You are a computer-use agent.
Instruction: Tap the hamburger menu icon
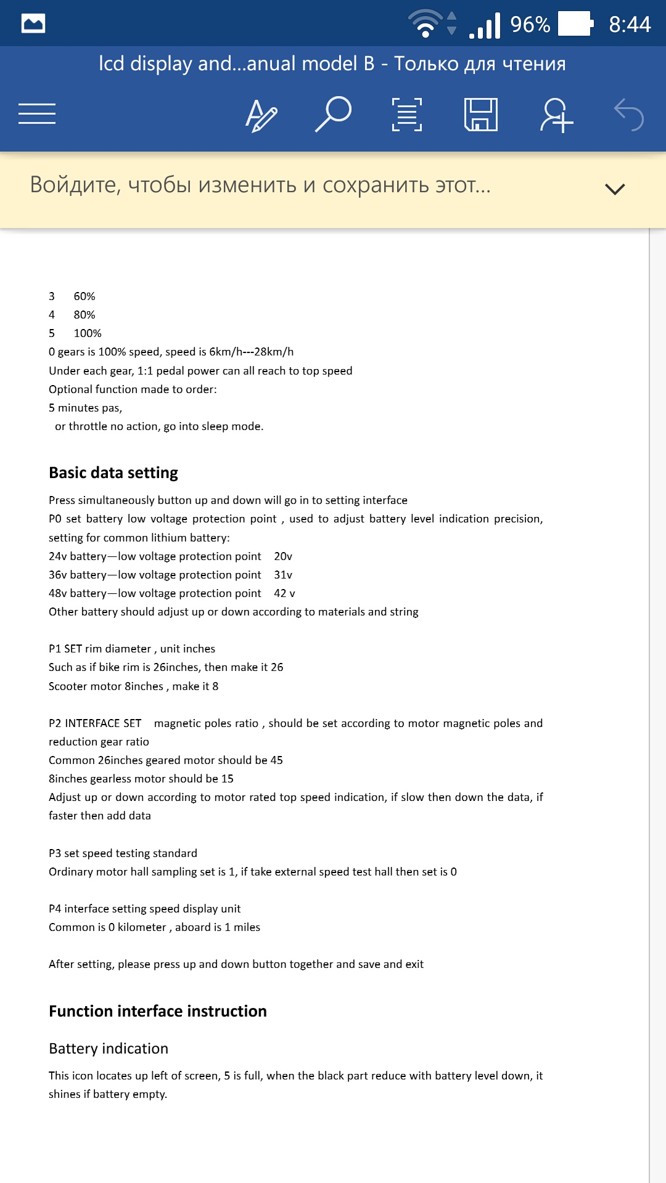coord(37,114)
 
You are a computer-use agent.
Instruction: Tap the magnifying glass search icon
coord(333,114)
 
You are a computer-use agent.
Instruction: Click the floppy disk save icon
coord(481,114)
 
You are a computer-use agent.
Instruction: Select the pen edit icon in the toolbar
coord(261,115)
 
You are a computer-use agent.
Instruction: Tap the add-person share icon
coord(556,115)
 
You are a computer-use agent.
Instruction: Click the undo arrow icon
coord(629,115)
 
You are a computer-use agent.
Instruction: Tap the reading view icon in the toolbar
coord(407,115)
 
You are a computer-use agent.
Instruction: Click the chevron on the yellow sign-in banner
coord(615,189)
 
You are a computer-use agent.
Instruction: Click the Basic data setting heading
coord(113,473)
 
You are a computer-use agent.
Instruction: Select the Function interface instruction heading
coord(158,1011)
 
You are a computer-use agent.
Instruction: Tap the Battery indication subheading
coord(109,1049)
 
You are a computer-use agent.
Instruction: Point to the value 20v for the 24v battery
coord(283,556)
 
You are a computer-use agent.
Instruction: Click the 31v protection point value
coord(283,575)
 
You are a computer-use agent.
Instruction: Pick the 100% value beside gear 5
coord(88,333)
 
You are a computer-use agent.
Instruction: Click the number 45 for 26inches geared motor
coord(276,760)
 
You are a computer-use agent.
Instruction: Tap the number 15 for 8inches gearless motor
coord(227,779)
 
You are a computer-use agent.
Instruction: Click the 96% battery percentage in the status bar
coord(530,25)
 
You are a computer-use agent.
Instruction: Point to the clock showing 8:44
coord(630,25)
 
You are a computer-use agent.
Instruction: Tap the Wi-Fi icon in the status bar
coord(425,24)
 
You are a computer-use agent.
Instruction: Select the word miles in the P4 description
coord(247,927)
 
